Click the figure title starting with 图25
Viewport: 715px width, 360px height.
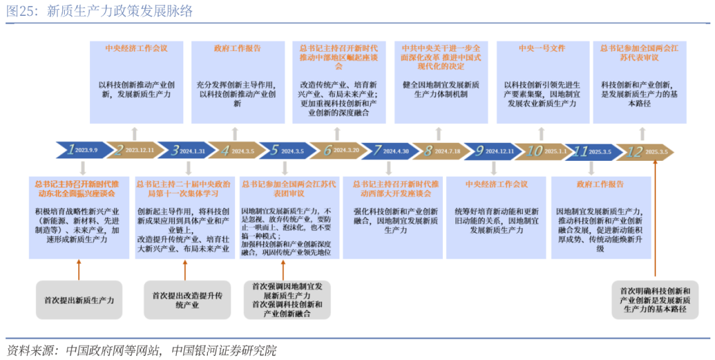(x=101, y=12)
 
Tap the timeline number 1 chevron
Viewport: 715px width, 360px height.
(x=71, y=150)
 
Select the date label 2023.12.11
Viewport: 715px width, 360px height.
(x=139, y=151)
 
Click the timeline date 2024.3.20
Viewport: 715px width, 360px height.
(x=346, y=151)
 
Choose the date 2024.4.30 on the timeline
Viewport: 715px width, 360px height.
(x=396, y=151)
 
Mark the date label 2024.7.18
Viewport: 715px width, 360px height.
(x=448, y=151)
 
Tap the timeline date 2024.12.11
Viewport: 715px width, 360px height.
(x=500, y=151)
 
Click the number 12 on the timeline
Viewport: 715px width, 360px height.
(x=634, y=151)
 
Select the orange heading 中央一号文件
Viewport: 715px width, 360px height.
(x=542, y=48)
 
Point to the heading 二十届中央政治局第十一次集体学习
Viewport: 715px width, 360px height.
(x=183, y=189)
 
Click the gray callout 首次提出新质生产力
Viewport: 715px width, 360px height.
(x=79, y=300)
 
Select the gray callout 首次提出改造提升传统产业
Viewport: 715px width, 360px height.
(x=184, y=300)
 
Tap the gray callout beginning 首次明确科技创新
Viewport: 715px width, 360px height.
(x=655, y=300)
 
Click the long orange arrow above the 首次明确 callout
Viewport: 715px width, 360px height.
(x=655, y=218)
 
